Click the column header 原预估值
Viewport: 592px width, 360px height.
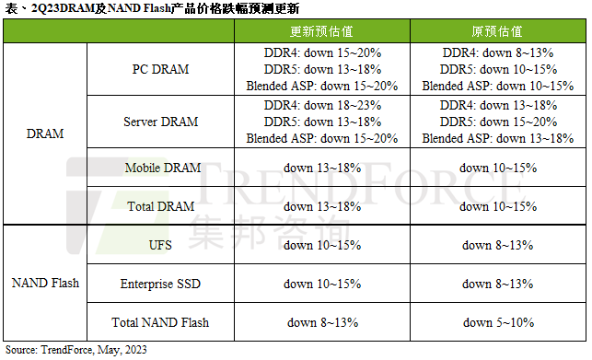click(498, 31)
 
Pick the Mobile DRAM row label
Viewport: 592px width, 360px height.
click(163, 168)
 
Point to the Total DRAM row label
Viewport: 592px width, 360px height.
click(163, 206)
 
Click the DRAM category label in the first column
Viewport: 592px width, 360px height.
click(45, 134)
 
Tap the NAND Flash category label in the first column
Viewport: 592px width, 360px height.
click(45, 284)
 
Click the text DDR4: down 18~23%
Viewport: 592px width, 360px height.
click(321, 105)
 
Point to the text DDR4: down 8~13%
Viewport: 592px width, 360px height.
click(498, 53)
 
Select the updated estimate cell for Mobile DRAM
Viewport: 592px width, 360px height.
click(321, 168)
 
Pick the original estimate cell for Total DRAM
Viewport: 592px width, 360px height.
click(498, 206)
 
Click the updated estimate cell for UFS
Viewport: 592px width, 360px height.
click(321, 245)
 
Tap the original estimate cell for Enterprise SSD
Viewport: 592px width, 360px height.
click(498, 284)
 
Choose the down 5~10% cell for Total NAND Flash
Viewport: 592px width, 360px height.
click(498, 322)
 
